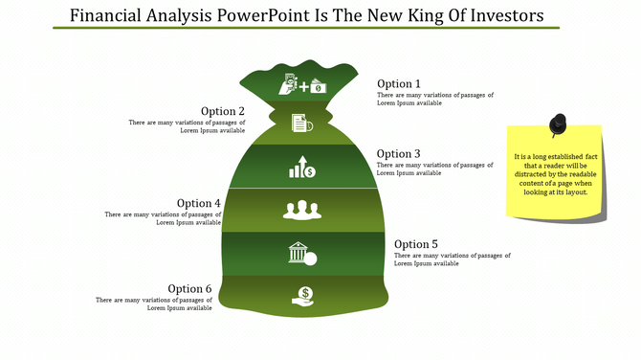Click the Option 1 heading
coord(398,83)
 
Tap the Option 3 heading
coord(398,153)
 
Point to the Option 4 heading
coord(199,203)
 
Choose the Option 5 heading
coord(416,244)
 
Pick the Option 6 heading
coord(189,288)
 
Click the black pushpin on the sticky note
coord(558,125)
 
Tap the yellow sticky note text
coord(555,174)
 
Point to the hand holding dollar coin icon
coord(303,299)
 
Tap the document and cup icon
coord(301,123)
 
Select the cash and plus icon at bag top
coord(302,84)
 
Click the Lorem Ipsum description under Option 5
coord(452,259)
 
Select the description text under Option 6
coord(154,304)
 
